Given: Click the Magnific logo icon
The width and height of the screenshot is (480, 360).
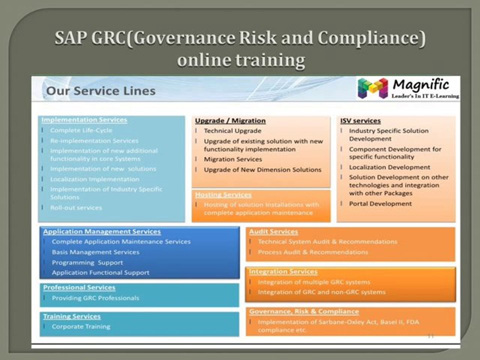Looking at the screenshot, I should click(x=372, y=88).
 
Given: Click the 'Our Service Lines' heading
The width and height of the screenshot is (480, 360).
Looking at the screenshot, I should click(x=100, y=91).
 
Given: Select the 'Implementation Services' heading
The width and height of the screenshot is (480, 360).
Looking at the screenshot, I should click(x=84, y=120).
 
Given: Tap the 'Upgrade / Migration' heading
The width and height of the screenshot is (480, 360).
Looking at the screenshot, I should click(x=230, y=120).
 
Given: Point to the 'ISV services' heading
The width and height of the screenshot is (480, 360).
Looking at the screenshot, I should click(x=360, y=120).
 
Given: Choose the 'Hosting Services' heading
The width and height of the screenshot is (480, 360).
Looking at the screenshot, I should click(x=223, y=194).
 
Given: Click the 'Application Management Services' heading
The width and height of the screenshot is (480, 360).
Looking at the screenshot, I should click(x=102, y=231).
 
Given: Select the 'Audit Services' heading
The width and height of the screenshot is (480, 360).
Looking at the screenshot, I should click(x=273, y=231).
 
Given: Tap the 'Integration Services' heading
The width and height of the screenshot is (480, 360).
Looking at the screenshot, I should click(x=283, y=271).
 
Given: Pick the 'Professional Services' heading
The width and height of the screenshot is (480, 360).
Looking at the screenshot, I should click(x=79, y=287).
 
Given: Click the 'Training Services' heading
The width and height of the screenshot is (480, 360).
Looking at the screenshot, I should click(x=71, y=316).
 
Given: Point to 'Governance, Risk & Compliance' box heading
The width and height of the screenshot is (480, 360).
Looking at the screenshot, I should click(x=304, y=311).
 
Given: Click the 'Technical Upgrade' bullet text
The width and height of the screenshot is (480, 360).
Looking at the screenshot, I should click(x=232, y=131).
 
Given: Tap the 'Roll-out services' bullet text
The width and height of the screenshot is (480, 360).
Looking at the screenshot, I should click(x=76, y=207).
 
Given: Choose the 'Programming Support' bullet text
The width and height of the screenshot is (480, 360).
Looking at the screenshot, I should click(x=87, y=262).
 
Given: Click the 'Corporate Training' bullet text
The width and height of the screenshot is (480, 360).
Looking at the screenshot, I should click(x=81, y=326).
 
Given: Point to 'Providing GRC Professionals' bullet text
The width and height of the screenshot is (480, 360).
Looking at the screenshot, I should click(x=95, y=298).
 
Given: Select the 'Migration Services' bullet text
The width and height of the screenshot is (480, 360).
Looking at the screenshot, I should click(x=233, y=159).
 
